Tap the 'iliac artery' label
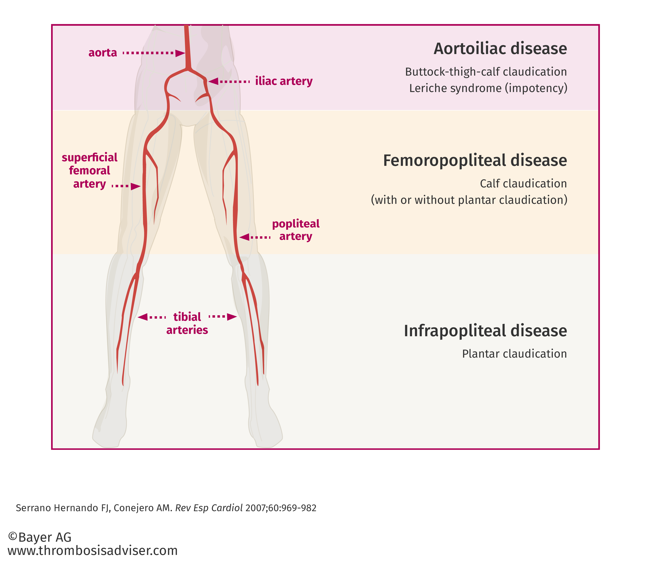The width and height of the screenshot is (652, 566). pos(284,81)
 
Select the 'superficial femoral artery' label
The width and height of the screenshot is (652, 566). pos(90,171)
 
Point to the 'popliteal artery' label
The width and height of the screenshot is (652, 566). pos(296,230)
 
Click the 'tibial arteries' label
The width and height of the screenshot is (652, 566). pos(187,323)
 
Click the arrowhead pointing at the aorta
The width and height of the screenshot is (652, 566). pos(180,53)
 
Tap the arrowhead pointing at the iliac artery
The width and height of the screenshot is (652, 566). pos(213,81)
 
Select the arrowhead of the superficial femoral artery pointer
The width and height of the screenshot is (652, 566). pos(136,186)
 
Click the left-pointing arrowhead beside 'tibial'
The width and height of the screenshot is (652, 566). pos(143,317)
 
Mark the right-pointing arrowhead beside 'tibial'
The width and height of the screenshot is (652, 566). pos(232,317)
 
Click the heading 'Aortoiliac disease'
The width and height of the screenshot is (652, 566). pos(500,49)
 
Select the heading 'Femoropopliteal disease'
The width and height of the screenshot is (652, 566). pos(475,160)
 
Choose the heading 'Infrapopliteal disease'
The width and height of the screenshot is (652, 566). pos(485,331)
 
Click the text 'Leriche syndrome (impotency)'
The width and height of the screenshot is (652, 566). pos(488,88)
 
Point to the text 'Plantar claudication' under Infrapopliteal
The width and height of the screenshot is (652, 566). pos(515,354)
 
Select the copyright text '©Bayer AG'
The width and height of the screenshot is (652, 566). pos(40,537)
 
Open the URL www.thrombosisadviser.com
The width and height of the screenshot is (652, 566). pos(93,551)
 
